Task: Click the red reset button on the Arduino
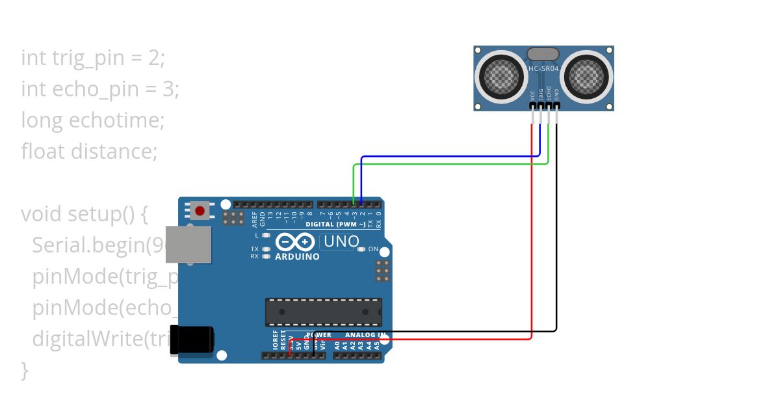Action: coord(200,211)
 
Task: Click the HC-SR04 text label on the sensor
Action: coord(543,68)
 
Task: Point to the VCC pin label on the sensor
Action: coord(532,94)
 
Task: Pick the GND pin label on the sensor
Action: coord(556,94)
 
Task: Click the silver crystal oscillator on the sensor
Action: coord(543,54)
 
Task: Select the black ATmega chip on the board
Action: coord(323,312)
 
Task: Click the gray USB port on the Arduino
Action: coord(188,245)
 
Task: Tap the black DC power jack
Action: coord(191,340)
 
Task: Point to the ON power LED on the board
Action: coord(361,249)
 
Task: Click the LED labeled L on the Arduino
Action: coord(266,234)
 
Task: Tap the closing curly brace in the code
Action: coord(25,370)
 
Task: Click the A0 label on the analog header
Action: coord(337,346)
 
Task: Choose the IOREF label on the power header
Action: coord(275,341)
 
